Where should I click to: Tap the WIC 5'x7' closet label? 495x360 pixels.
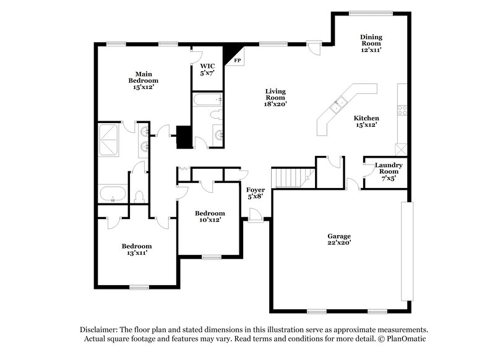point(206,69)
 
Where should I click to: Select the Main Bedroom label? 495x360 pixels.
point(143,80)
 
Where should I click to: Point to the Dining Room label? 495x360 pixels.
point(371,43)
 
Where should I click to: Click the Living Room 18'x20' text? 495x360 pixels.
point(275,97)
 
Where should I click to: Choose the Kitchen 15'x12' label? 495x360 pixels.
point(366,121)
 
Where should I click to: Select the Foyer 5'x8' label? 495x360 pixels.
point(256,193)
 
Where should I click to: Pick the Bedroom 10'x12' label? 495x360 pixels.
point(209,216)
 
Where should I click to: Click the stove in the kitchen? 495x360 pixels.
point(402,111)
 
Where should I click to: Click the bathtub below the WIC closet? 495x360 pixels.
point(207,100)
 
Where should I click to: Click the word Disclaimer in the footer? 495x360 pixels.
point(100,330)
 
